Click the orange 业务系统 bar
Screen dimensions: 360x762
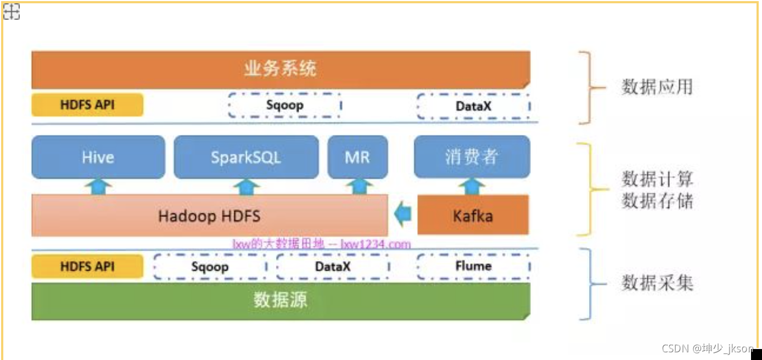(281, 70)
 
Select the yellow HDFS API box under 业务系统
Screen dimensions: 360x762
(87, 105)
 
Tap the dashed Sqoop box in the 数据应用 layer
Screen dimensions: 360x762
(284, 105)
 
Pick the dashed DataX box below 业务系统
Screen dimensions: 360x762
(473, 106)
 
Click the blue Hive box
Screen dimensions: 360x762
(98, 157)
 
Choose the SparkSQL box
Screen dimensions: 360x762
(246, 157)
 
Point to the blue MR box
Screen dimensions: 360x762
(357, 157)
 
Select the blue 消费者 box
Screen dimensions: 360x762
(472, 157)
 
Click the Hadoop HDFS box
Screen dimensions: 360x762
(209, 216)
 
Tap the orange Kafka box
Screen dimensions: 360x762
(473, 216)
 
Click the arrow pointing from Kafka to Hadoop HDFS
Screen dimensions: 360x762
(403, 215)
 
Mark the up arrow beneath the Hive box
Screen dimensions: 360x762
(98, 187)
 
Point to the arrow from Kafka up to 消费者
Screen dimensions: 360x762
(472, 187)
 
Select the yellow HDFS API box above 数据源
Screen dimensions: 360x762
(87, 267)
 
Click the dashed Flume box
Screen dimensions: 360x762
(473, 267)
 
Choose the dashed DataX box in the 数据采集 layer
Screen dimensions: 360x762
(333, 267)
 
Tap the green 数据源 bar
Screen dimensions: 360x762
(281, 301)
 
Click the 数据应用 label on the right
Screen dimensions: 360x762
(657, 87)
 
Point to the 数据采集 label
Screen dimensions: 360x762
(657, 283)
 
